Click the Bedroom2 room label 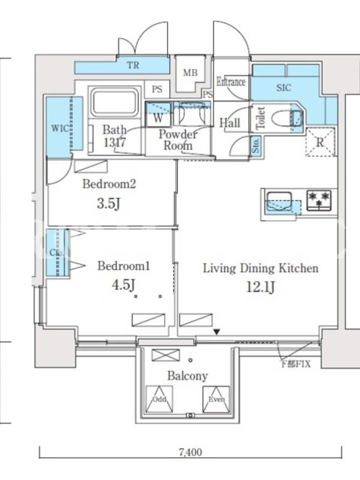(x=109, y=184)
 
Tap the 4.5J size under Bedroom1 (x=124, y=284)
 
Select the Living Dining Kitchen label (x=260, y=268)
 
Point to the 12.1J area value (x=260, y=287)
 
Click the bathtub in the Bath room (x=115, y=102)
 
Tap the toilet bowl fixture (x=287, y=118)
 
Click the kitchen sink (x=279, y=201)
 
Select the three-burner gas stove (x=319, y=200)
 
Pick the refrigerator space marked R (x=320, y=142)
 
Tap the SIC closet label (x=283, y=88)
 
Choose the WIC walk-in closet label (x=61, y=128)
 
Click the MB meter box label (x=190, y=73)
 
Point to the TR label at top (x=133, y=65)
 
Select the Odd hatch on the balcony (x=159, y=399)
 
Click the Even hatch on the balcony (x=216, y=399)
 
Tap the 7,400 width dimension (x=190, y=452)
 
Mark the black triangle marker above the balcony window (x=217, y=332)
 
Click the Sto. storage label (x=256, y=145)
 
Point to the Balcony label (x=187, y=376)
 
